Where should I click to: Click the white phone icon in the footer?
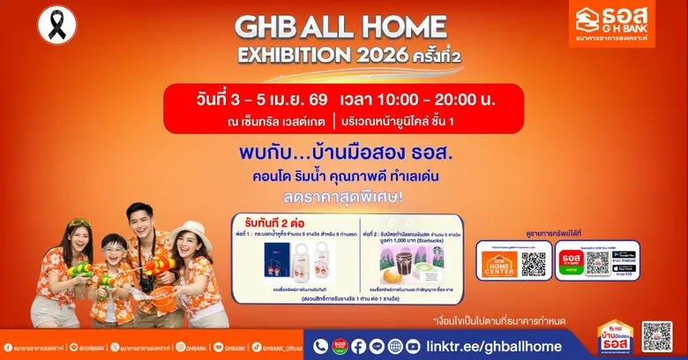tap(320, 347)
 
